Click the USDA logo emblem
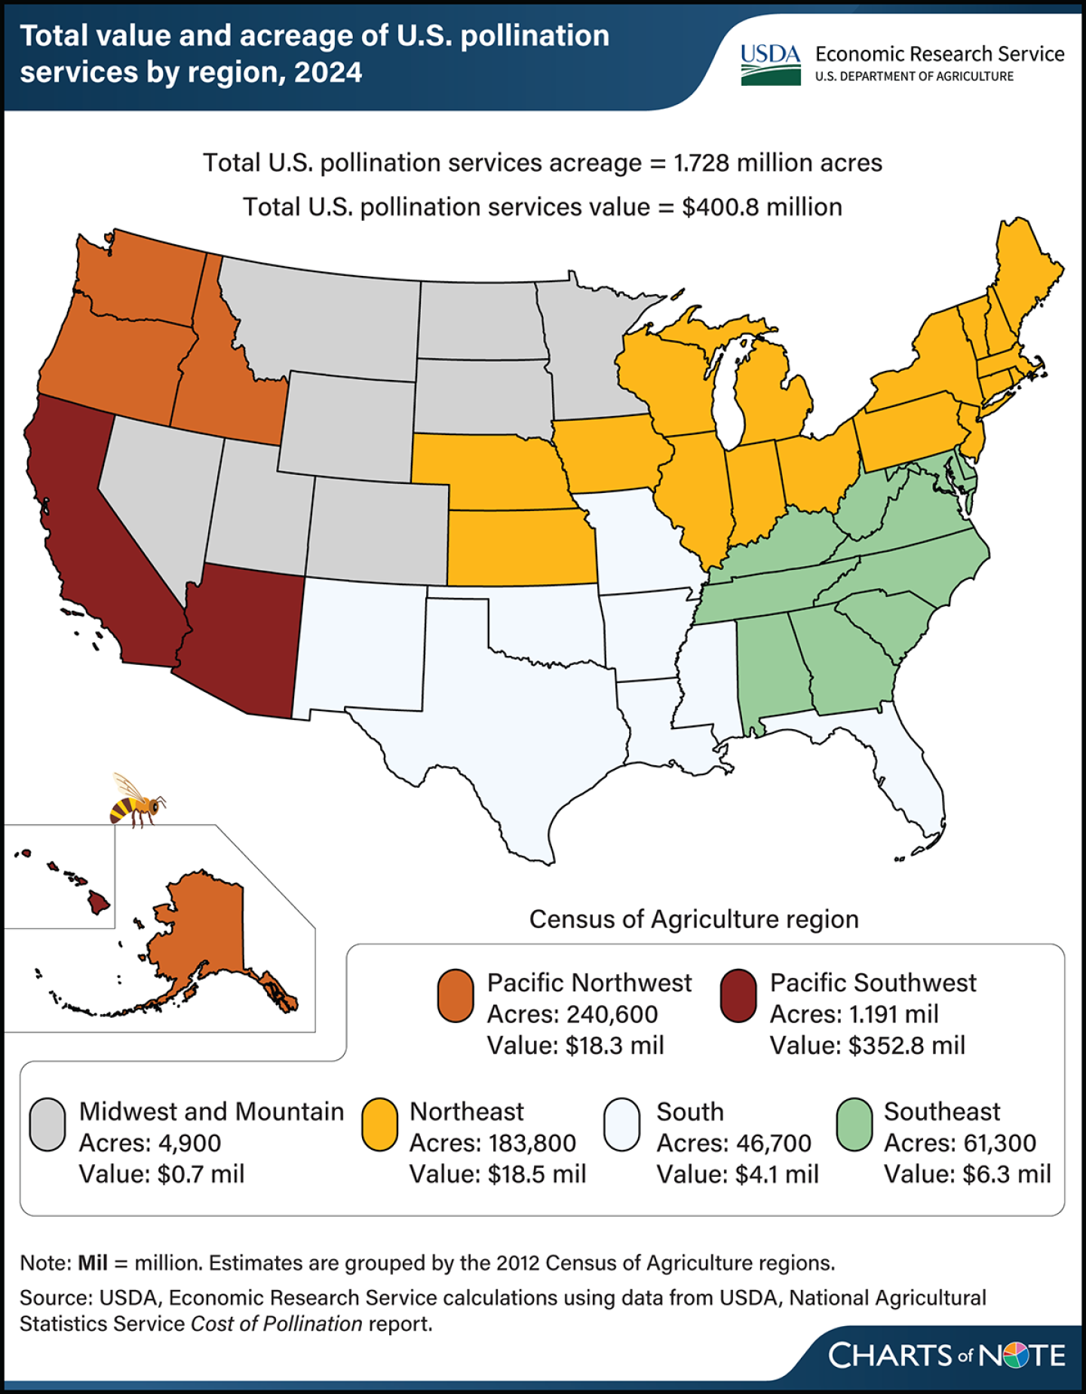pos(770,65)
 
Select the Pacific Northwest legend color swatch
pos(456,995)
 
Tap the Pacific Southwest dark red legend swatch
pos(738,995)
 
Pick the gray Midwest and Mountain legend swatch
pos(48,1124)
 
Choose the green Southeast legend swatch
pos(854,1124)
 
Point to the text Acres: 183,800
pos(492,1142)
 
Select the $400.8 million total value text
pos(762,207)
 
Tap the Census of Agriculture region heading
pos(694,919)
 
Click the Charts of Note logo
pos(946,1355)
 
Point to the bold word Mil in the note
pos(92,1262)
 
